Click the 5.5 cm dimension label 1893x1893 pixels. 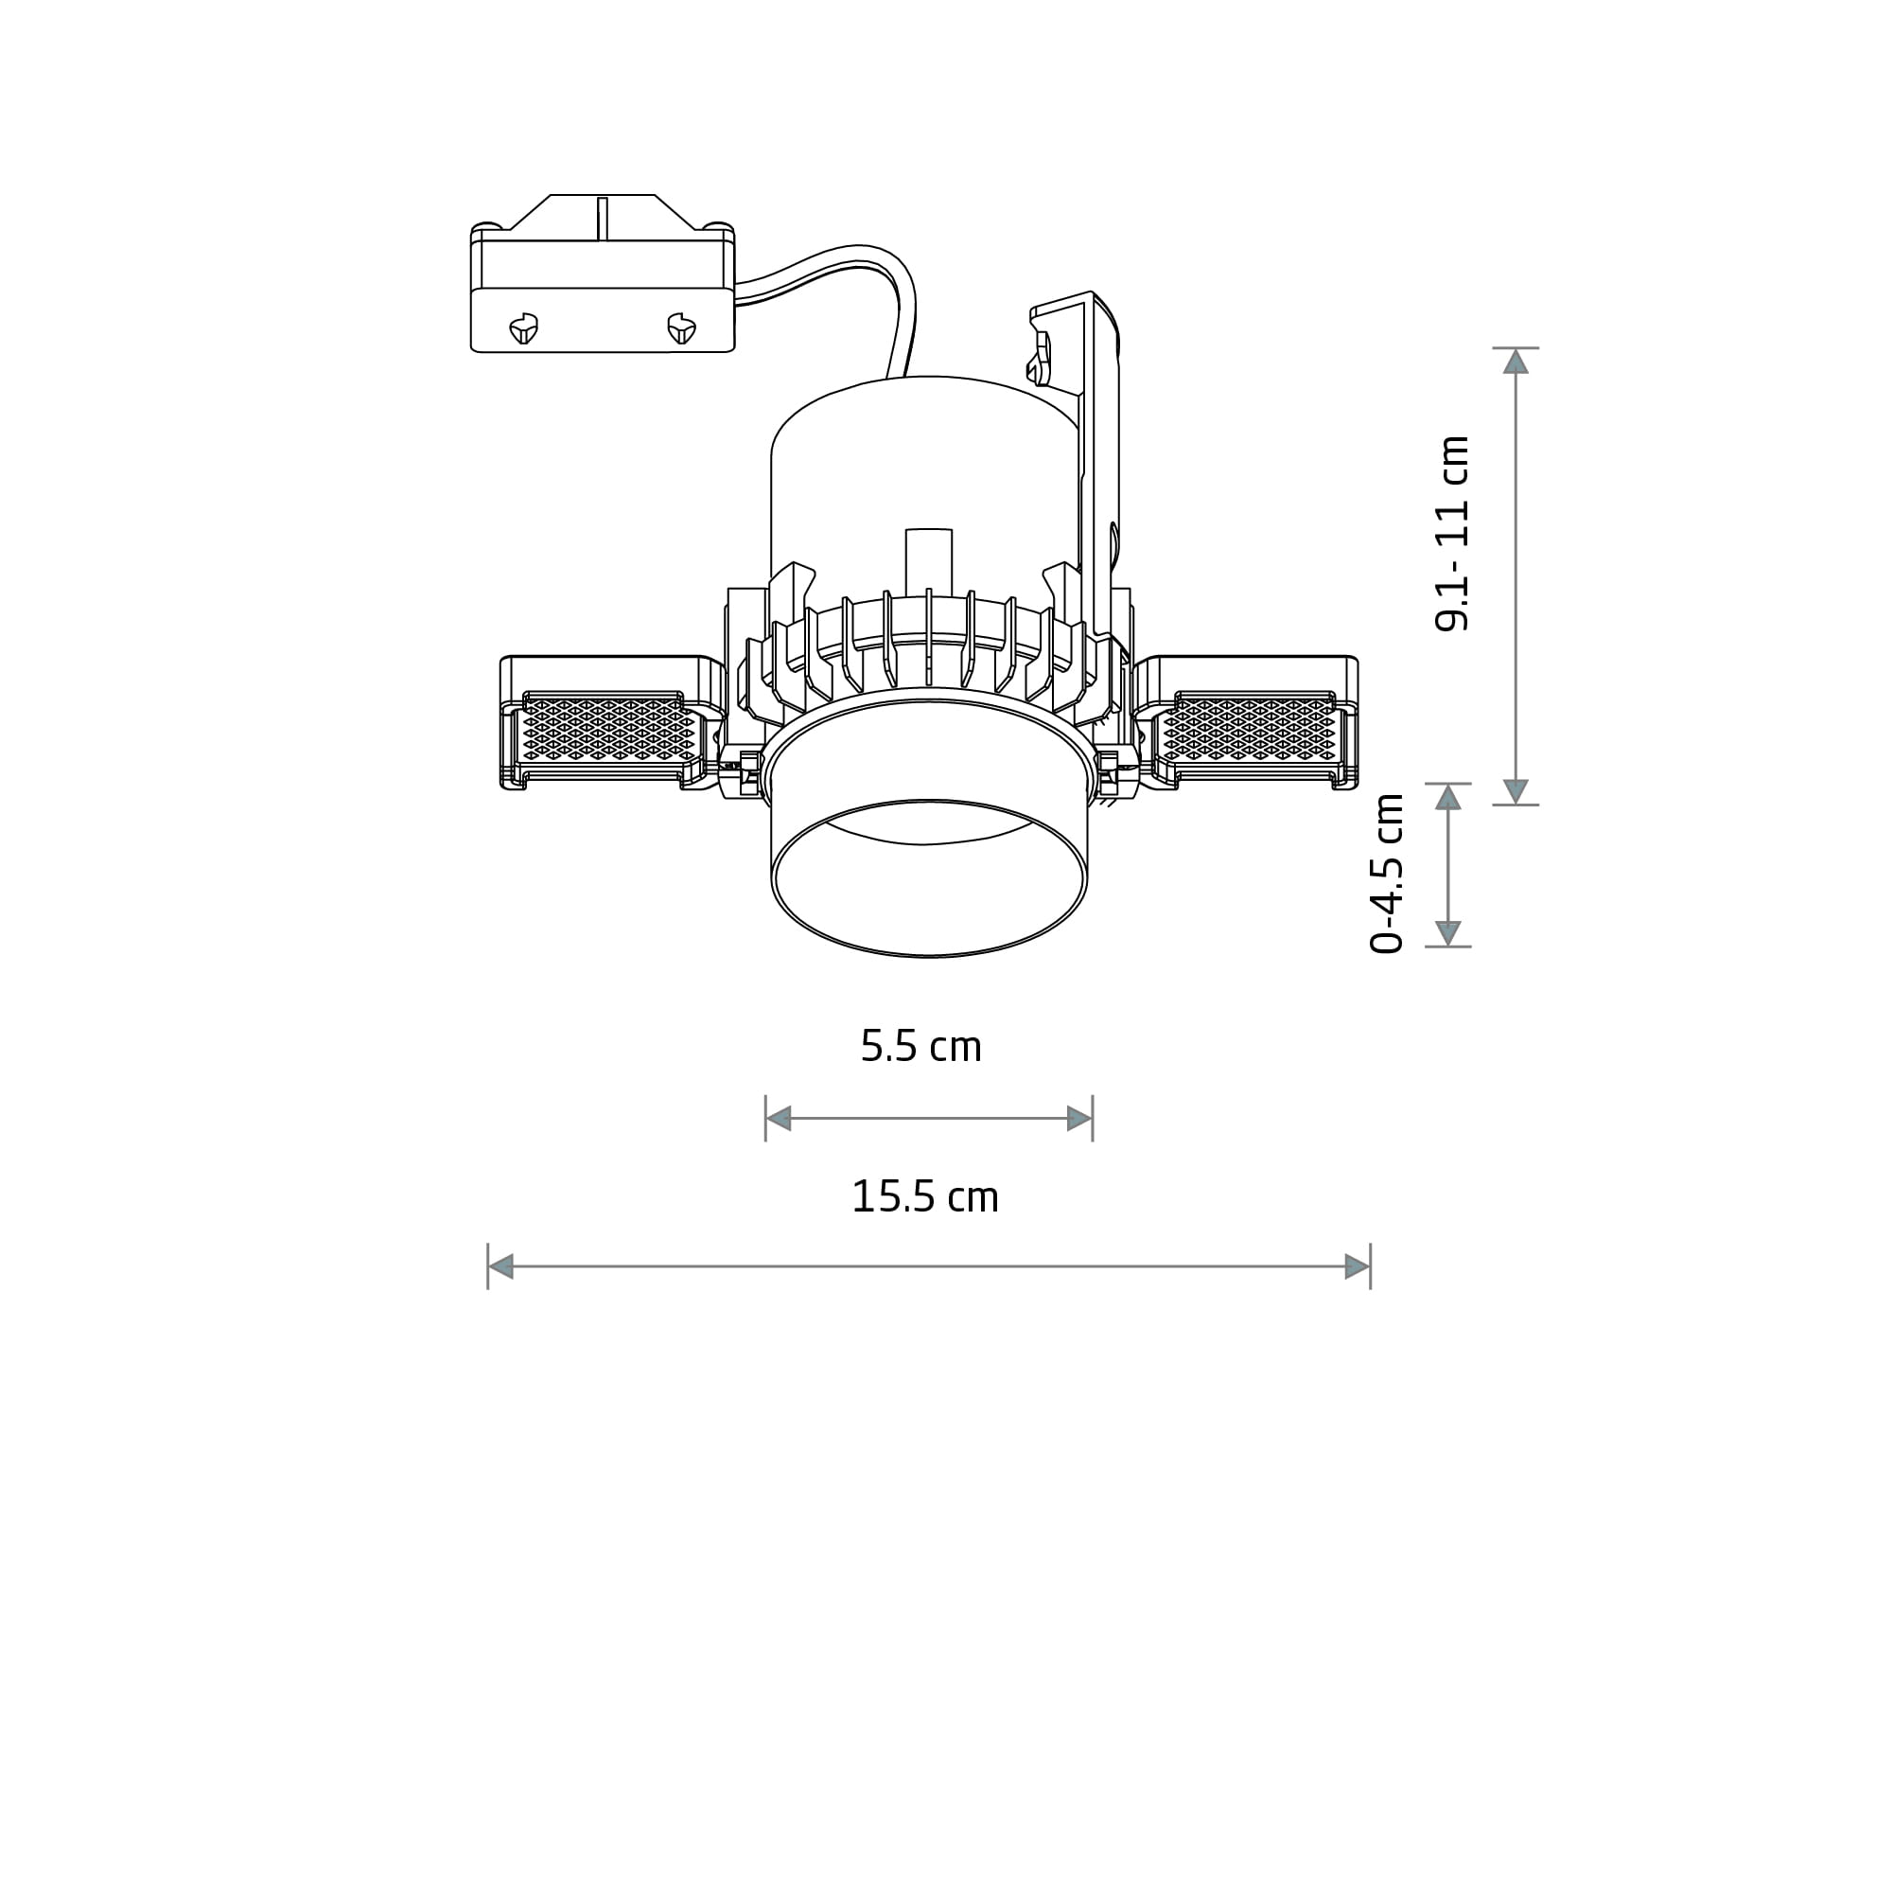[920, 1046]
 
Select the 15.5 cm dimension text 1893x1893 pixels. [924, 1196]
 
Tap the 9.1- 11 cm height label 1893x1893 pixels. [1452, 533]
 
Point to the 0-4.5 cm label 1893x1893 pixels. [1387, 874]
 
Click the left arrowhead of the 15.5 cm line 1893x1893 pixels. [500, 1266]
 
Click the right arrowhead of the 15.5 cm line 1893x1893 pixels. [1357, 1266]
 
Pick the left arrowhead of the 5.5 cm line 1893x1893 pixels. [778, 1119]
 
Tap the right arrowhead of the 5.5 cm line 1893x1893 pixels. [1079, 1119]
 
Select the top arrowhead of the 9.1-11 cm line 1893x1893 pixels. [1516, 362]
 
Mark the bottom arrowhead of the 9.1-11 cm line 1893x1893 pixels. [1516, 791]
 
